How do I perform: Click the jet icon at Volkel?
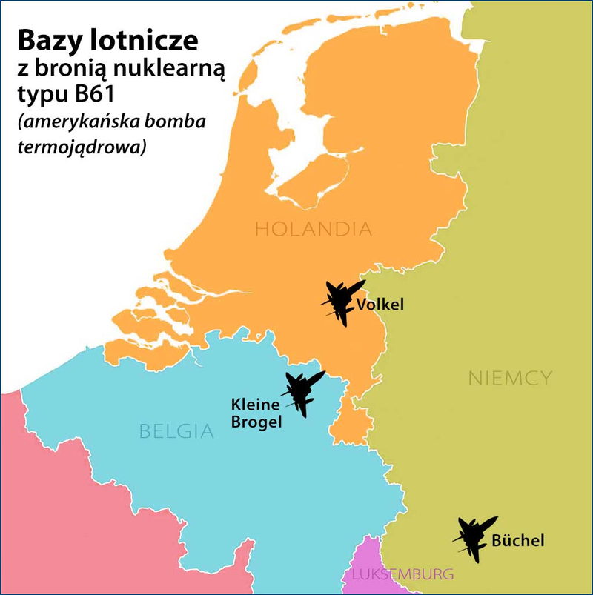pos(342,301)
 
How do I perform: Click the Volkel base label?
pos(380,305)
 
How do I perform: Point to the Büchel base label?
pos(517,541)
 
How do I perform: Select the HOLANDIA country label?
pos(313,229)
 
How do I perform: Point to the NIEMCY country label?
pos(510,378)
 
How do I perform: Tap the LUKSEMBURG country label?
pos(402,574)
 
